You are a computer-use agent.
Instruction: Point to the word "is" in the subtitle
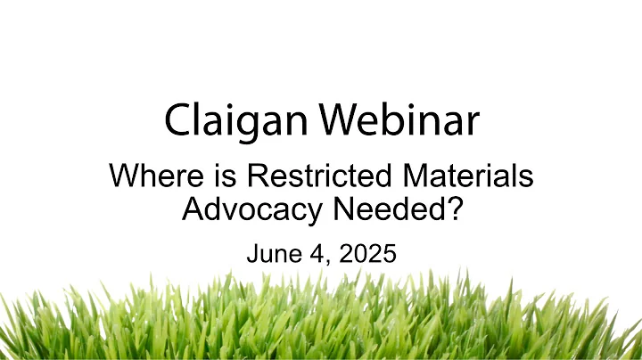(200, 177)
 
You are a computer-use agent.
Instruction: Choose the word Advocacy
(252, 210)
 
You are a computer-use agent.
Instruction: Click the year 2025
(366, 253)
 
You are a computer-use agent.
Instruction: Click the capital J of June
(251, 253)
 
